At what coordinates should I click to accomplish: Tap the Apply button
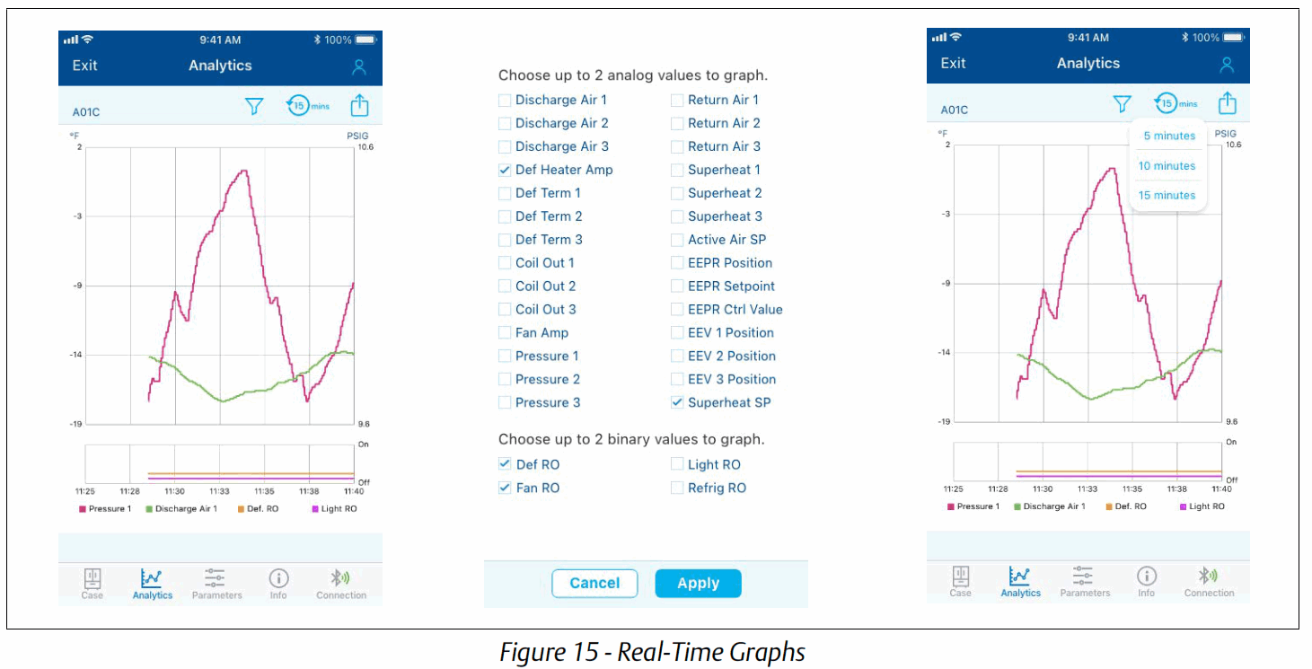pos(698,584)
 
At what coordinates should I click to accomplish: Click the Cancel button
pos(594,584)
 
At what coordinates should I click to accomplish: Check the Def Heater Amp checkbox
pos(505,170)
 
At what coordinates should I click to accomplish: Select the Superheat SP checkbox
pos(677,403)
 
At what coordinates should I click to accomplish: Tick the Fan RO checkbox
pos(505,488)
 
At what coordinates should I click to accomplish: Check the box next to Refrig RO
pos(677,488)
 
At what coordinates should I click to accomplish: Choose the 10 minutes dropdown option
pos(1167,166)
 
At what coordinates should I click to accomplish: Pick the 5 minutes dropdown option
pos(1168,136)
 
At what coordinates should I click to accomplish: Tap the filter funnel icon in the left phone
pos(254,106)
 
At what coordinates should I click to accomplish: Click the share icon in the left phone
pos(359,106)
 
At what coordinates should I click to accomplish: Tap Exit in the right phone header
pos(953,63)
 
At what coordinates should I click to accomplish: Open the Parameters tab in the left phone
pos(216,583)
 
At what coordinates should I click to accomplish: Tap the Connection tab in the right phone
pos(1209,581)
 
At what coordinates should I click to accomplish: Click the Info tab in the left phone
pos(278,583)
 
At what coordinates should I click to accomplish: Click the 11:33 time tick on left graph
pos(219,491)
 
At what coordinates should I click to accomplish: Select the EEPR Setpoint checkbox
pos(677,286)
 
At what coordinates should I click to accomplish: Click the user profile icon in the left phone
pos(359,66)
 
